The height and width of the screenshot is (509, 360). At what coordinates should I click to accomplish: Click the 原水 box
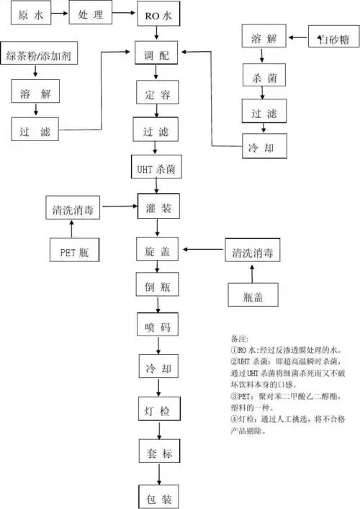[x=28, y=14]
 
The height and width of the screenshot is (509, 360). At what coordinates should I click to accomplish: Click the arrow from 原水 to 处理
[x=59, y=14]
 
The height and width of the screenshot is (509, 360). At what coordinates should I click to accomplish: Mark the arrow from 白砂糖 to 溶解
[x=298, y=36]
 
